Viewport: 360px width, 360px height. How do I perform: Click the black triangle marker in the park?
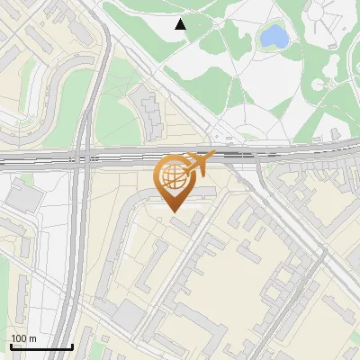coord(181,24)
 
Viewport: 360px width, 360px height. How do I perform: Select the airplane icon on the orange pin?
coord(199,163)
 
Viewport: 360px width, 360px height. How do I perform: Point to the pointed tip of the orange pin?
coord(173,211)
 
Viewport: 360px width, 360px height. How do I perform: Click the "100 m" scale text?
coord(23,338)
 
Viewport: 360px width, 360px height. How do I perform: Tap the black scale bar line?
coord(40,346)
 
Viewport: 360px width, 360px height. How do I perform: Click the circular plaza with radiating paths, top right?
coord(321,85)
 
